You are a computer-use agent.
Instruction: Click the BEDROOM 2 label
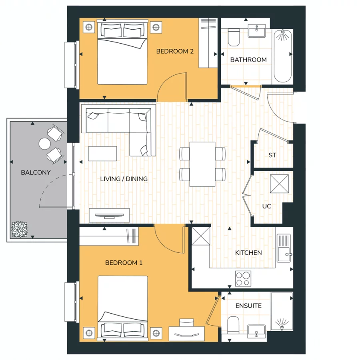point(175,51)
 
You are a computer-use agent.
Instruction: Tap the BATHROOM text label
point(248,60)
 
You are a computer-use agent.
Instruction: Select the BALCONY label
point(36,172)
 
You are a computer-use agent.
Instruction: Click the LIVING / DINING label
point(124,179)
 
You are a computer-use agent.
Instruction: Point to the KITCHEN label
point(248,252)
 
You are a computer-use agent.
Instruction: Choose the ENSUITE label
point(248,306)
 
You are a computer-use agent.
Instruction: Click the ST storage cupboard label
point(272,155)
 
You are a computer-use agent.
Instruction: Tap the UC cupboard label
point(266,206)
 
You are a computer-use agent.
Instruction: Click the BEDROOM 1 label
point(124,263)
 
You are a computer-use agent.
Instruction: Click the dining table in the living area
point(203,164)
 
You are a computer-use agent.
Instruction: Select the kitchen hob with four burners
point(243,278)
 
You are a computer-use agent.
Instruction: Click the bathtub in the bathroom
point(283,56)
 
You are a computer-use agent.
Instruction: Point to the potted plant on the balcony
point(19,230)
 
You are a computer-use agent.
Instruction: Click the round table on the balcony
point(44,143)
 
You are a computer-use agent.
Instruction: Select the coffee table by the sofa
point(103,153)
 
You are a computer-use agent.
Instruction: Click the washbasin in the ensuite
point(256,330)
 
